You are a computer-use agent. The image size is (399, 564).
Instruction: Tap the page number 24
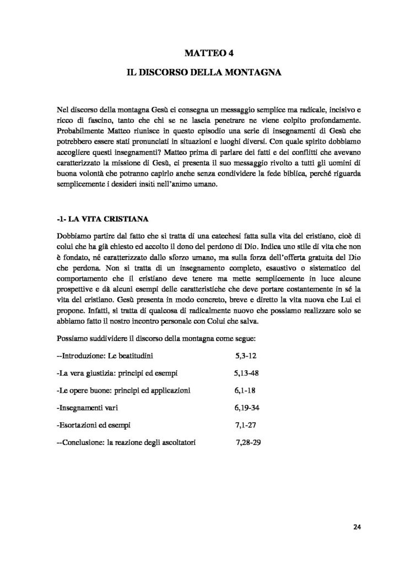(357, 527)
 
